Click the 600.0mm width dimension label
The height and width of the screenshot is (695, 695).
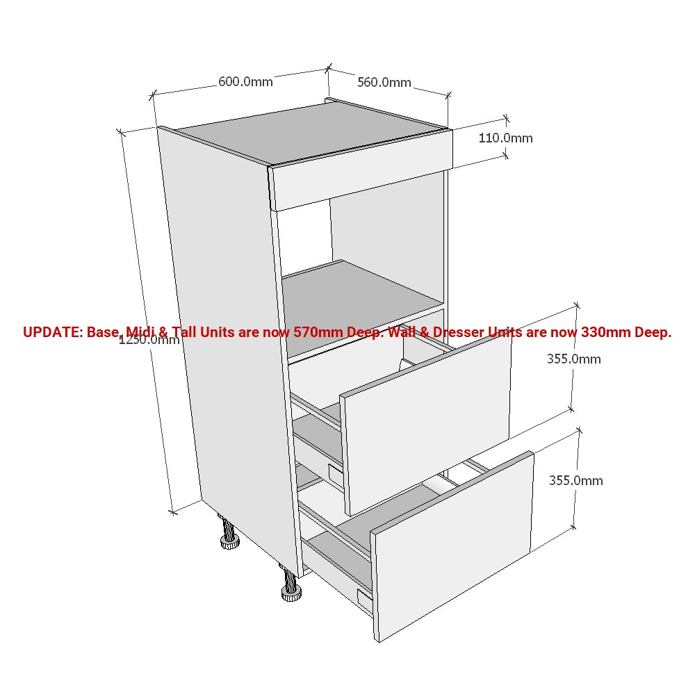pos(245,81)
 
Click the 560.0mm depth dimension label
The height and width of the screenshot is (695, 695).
pos(384,83)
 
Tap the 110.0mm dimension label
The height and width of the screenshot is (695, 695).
pos(505,138)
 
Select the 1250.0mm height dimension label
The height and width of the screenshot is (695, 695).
pos(149,340)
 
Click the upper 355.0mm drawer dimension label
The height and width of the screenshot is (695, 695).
pos(574,359)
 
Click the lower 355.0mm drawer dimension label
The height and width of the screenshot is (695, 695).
pos(575,480)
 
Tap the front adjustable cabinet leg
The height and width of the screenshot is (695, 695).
pos(291,584)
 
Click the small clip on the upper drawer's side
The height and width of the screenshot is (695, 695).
pos(335,473)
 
